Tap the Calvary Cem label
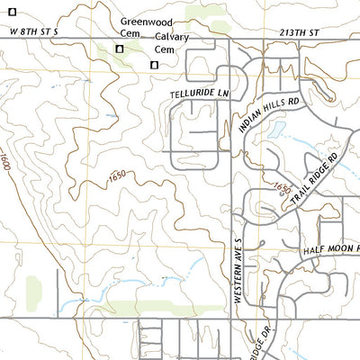(x=171, y=43)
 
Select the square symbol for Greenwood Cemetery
(x=119, y=49)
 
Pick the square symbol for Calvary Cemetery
(x=154, y=65)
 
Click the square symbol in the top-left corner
(x=12, y=12)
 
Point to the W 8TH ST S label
(x=33, y=31)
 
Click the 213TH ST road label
(x=299, y=31)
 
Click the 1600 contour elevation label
(x=5, y=162)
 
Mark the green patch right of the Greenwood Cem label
(x=200, y=13)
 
